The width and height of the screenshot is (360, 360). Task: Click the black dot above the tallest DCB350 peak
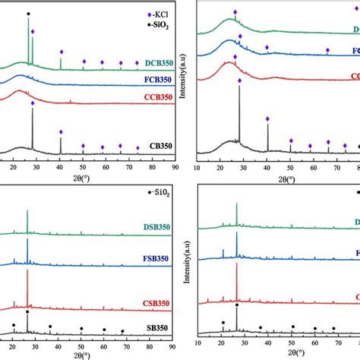click(29, 14)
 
